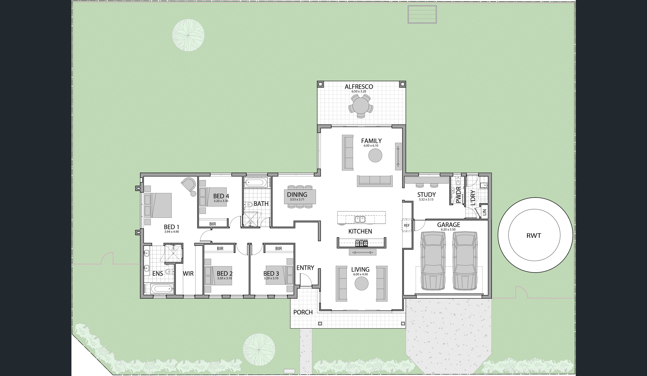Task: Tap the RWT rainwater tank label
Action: tap(534, 236)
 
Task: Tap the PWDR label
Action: tap(459, 195)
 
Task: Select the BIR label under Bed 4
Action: tap(213, 224)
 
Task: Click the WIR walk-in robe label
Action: tap(188, 274)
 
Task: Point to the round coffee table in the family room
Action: tap(375, 155)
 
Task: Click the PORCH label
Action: tap(303, 312)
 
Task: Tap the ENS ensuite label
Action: tap(158, 274)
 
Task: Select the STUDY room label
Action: tap(427, 195)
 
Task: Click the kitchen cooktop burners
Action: tap(361, 243)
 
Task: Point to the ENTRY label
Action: tap(305, 268)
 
